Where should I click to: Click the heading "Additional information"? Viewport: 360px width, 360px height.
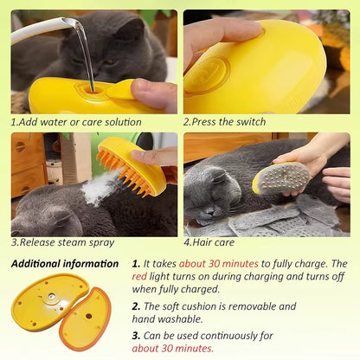(65, 263)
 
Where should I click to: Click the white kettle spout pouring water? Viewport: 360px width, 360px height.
(43, 27)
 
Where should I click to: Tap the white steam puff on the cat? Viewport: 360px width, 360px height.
(100, 188)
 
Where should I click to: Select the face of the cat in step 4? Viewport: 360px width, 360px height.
(211, 191)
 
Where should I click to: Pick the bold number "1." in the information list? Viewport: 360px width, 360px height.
(137, 263)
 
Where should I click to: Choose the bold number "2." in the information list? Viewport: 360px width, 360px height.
(137, 306)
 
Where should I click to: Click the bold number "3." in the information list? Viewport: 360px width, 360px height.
(137, 336)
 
